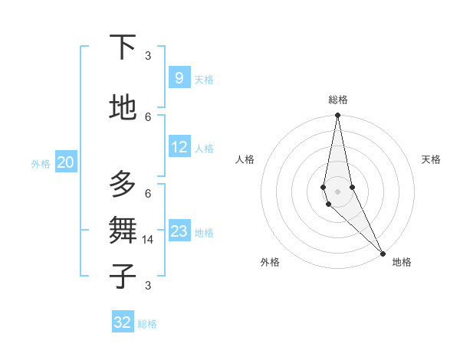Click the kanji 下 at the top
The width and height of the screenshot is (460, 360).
[123, 47]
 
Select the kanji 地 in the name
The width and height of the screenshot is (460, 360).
[123, 107]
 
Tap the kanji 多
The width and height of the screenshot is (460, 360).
[123, 184]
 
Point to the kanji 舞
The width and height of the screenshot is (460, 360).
[123, 230]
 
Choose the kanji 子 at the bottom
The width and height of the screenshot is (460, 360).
[123, 276]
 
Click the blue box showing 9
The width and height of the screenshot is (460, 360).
[179, 77]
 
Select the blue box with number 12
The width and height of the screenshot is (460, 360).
[179, 147]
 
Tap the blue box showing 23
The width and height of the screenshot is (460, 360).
[179, 231]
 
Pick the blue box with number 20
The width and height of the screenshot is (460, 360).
[65, 162]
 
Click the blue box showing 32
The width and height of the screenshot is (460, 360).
[123, 322]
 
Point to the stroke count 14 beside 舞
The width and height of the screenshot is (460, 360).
[149, 240]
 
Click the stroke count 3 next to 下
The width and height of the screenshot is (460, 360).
[148, 55]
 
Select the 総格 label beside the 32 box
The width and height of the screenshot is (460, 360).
[147, 324]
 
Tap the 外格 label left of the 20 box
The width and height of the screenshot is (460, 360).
[40, 164]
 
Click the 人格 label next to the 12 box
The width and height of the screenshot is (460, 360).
[204, 149]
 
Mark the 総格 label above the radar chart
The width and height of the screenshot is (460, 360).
[338, 100]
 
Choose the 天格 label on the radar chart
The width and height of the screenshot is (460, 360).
[431, 159]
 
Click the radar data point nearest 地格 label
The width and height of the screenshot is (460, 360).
[383, 252]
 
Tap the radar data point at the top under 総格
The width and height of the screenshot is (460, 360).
[337, 116]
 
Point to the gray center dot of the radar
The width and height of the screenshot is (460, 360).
[337, 191]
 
